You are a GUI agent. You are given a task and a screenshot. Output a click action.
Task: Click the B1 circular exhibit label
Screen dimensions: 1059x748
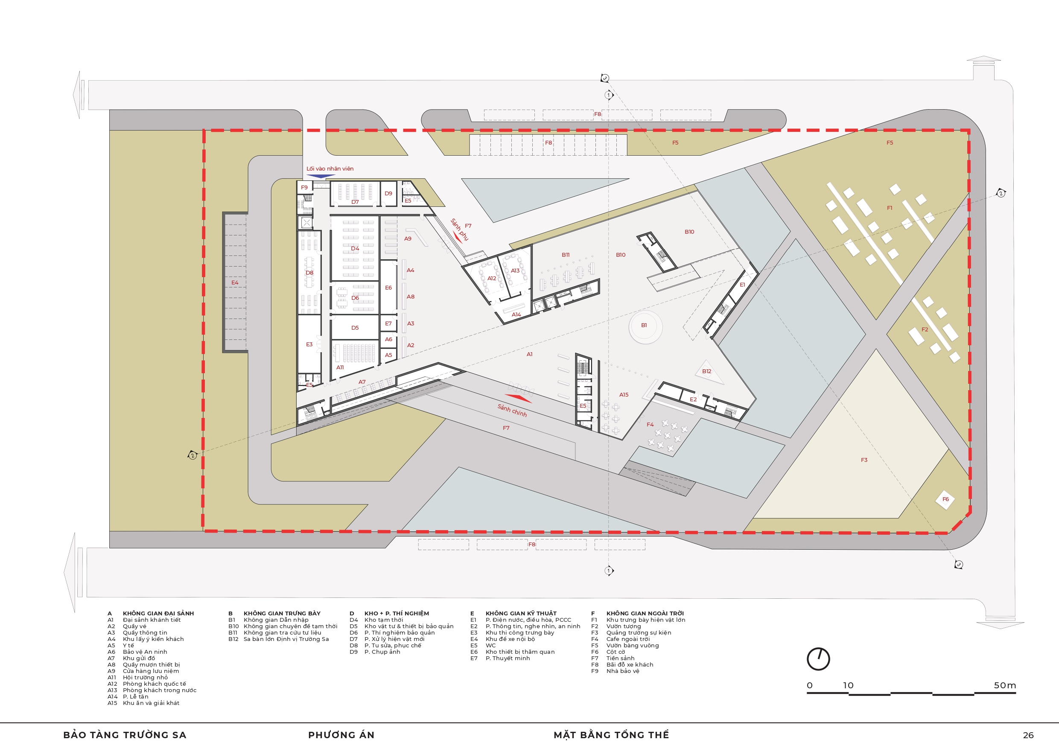click(644, 325)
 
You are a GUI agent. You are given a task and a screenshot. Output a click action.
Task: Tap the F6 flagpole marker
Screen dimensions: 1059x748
click(945, 499)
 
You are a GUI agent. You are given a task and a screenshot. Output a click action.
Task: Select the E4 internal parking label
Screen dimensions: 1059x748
click(235, 282)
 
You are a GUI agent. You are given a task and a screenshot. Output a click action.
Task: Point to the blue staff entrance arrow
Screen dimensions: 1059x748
click(321, 176)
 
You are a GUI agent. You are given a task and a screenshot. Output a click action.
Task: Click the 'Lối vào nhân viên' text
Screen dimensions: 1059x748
click(330, 169)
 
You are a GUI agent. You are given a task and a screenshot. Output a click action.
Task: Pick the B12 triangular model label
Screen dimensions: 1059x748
click(706, 371)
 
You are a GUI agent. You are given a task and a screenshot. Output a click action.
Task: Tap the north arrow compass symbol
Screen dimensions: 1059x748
click(818, 659)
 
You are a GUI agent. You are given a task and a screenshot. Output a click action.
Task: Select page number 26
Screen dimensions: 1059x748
click(1028, 735)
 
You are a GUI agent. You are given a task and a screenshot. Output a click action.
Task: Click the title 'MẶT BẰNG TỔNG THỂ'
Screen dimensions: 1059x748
click(611, 735)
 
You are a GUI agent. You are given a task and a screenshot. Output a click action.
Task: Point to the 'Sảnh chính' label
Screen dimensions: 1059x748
click(512, 410)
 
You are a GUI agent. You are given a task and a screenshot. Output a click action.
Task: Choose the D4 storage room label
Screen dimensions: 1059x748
click(355, 249)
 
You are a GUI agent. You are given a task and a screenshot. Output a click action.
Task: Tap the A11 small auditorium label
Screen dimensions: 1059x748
click(340, 367)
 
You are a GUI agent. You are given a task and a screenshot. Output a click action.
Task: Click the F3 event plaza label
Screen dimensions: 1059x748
click(864, 460)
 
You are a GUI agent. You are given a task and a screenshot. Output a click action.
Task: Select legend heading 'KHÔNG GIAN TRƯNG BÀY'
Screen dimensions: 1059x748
click(282, 613)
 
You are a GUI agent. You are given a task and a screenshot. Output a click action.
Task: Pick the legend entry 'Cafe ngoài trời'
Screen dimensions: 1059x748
click(628, 639)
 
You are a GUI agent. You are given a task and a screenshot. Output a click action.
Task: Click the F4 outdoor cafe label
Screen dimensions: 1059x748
click(650, 424)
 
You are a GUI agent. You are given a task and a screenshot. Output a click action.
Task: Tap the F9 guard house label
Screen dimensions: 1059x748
click(304, 188)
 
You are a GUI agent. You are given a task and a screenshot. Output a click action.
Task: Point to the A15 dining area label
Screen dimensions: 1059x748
click(624, 394)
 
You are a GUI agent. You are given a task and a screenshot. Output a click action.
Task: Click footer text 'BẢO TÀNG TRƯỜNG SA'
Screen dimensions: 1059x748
click(125, 735)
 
